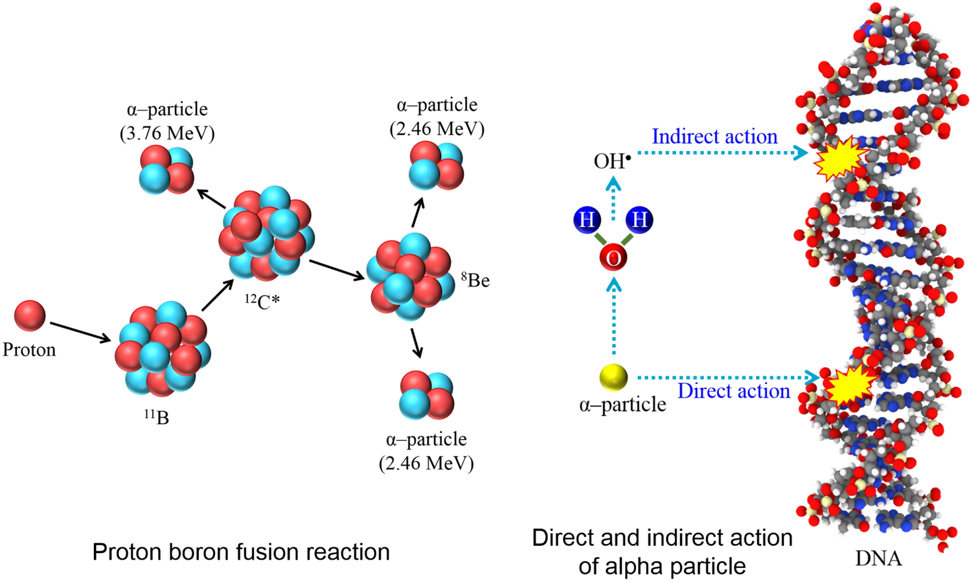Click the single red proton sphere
(x=30, y=316)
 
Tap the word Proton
(x=29, y=350)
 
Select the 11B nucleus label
(x=156, y=416)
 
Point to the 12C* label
(x=262, y=301)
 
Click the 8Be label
(x=475, y=280)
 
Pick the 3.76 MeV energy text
(x=167, y=133)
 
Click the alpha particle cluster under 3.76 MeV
(x=167, y=169)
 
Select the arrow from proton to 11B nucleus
(x=80, y=331)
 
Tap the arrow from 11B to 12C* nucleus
(x=217, y=296)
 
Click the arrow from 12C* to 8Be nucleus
(x=337, y=270)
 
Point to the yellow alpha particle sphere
(x=613, y=377)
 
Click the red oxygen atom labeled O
(x=613, y=258)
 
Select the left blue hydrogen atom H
(x=587, y=220)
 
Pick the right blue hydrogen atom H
(x=639, y=220)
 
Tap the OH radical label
(x=611, y=161)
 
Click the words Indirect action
(x=714, y=137)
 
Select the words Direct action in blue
(x=733, y=391)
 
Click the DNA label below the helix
(x=878, y=558)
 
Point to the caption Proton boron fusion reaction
(x=241, y=552)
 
